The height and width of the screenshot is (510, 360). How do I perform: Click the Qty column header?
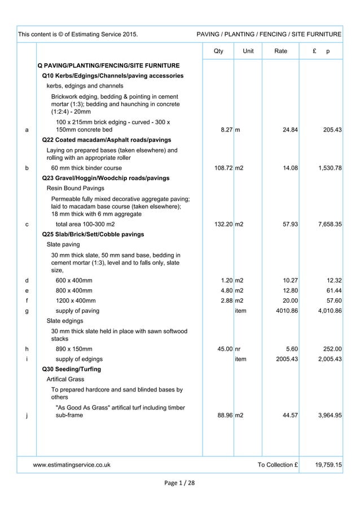pos(218,51)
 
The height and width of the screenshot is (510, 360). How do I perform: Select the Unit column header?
pos(248,51)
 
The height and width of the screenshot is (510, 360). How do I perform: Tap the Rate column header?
pos(280,51)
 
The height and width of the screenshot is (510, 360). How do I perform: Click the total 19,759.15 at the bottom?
pos(328,465)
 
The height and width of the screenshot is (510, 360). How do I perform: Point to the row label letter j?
pos(27,417)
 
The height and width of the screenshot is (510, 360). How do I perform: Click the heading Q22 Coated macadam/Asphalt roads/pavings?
pos(107,140)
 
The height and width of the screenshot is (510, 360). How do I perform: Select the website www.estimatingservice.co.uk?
pos(72,465)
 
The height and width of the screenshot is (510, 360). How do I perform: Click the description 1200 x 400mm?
pos(75,300)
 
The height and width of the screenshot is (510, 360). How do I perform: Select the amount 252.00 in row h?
pos(331,349)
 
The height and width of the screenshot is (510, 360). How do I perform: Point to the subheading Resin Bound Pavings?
pos(75,188)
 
